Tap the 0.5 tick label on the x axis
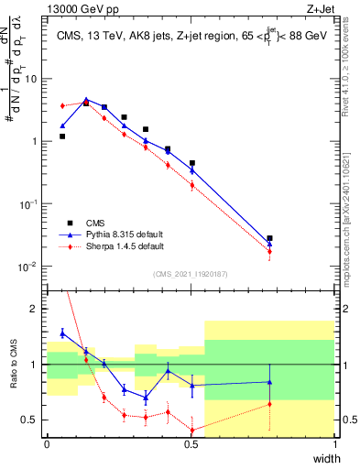(191, 442)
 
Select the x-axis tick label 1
(335, 442)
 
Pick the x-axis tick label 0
(47, 442)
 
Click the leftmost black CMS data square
(62, 136)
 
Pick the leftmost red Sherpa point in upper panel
(62, 106)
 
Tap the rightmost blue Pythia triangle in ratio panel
(269, 382)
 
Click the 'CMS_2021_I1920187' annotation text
(190, 273)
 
